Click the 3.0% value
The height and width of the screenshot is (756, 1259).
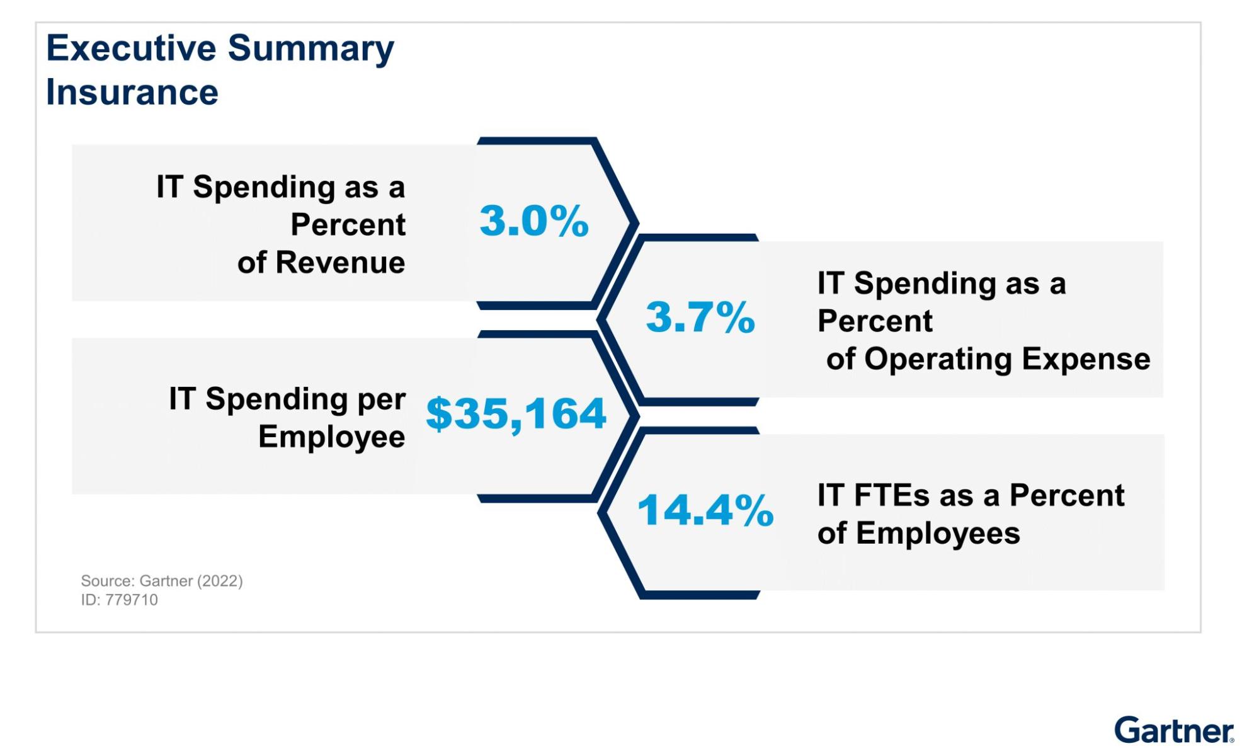pyautogui.click(x=534, y=221)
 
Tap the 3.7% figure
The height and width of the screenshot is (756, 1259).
pyautogui.click(x=700, y=317)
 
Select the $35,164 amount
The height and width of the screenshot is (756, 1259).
pyautogui.click(x=516, y=414)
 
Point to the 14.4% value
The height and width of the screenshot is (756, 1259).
pyautogui.click(x=705, y=510)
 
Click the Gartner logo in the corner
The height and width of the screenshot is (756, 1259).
pyautogui.click(x=1173, y=731)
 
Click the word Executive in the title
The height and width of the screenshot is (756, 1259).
pyautogui.click(x=131, y=49)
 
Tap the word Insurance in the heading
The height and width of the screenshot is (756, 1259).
pyautogui.click(x=132, y=93)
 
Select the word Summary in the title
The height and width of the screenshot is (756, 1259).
pyautogui.click(x=310, y=49)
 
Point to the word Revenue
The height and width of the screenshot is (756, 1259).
pyautogui.click(x=340, y=262)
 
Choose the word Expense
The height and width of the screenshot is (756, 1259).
pyautogui.click(x=1086, y=359)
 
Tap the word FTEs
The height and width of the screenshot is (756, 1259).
pyautogui.click(x=892, y=495)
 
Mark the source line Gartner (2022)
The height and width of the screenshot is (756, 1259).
pyautogui.click(x=162, y=581)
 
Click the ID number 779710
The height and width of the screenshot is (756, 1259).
pyautogui.click(x=131, y=600)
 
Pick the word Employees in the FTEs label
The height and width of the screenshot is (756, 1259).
pyautogui.click(x=938, y=534)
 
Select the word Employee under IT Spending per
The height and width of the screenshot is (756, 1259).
pyautogui.click(x=332, y=437)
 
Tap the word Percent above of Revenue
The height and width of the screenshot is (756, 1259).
pyautogui.click(x=348, y=224)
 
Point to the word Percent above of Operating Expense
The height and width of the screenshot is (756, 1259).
pyautogui.click(x=875, y=321)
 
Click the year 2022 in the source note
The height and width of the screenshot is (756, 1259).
pyautogui.click(x=220, y=581)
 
